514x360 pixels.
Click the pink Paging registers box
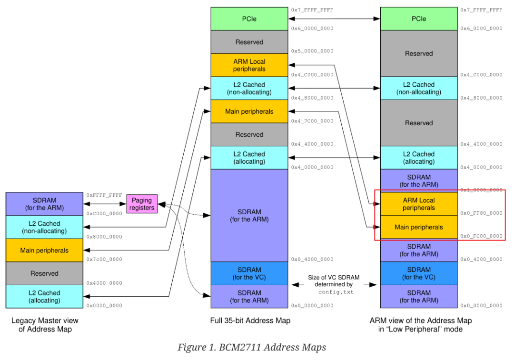click(x=142, y=204)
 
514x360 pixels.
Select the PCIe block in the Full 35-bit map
click(x=249, y=19)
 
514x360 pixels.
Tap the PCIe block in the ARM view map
click(x=418, y=19)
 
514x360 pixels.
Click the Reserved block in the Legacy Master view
click(x=44, y=273)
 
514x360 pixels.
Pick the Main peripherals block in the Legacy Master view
click(x=44, y=250)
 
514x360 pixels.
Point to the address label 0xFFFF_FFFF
click(x=104, y=195)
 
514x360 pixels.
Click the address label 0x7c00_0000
click(x=104, y=260)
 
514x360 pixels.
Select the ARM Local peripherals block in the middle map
click(x=249, y=65)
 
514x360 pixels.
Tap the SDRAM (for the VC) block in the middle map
click(x=249, y=273)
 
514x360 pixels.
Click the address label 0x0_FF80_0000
click(x=481, y=213)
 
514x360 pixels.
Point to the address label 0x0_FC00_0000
click(x=481, y=236)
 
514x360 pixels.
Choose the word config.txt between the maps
click(x=336, y=292)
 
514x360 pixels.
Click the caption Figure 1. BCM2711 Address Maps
click(x=252, y=347)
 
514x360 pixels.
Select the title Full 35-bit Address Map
click(x=250, y=320)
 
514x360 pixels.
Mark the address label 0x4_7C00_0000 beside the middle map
click(x=312, y=121)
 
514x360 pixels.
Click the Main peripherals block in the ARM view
click(x=418, y=227)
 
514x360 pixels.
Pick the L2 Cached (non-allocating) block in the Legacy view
click(x=44, y=227)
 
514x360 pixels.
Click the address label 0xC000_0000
click(x=104, y=213)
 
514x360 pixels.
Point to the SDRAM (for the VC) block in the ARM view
click(x=418, y=273)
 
